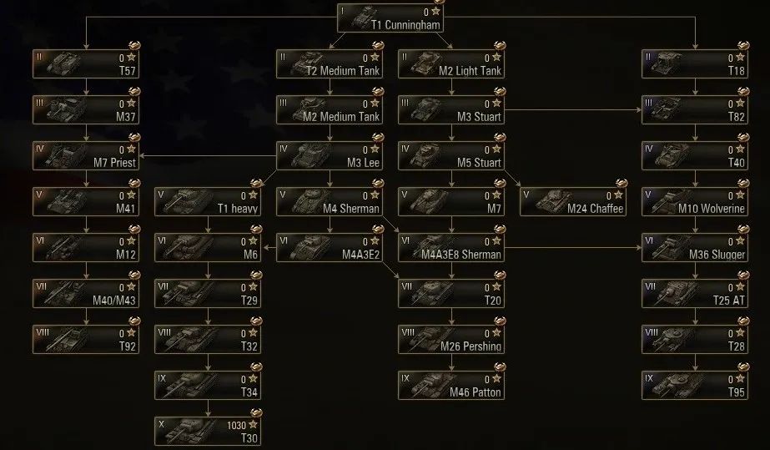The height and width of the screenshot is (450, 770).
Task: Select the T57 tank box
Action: coord(86,64)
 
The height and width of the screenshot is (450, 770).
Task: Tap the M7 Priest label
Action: coord(115,163)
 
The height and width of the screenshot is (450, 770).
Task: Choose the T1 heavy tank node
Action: coord(208,202)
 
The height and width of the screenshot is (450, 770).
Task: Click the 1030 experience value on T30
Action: coord(236,425)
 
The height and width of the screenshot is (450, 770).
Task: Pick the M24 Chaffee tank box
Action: coord(572,202)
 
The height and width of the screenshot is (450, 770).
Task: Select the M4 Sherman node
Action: coord(329,202)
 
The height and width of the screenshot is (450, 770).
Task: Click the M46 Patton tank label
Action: coord(476,392)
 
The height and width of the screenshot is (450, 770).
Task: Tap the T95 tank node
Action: coord(695,385)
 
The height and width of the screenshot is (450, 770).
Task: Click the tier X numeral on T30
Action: coord(163,423)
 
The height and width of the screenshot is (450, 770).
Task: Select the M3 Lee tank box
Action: coord(329,156)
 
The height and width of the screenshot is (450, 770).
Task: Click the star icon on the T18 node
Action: coord(740,58)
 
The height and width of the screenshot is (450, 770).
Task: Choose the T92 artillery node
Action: coord(86,339)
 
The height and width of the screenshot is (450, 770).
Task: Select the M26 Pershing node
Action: coord(450,339)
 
